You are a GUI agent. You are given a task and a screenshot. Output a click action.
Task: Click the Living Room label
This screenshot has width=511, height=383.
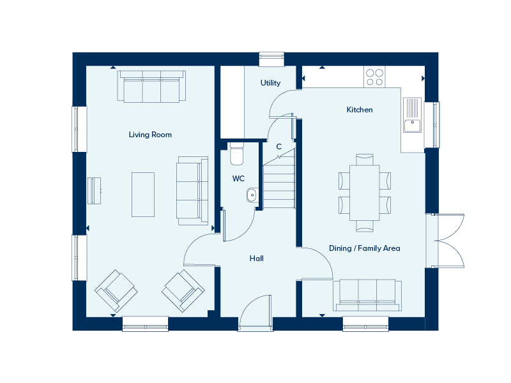coord(150,135)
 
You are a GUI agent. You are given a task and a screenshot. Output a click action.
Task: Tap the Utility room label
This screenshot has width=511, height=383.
coord(270,83)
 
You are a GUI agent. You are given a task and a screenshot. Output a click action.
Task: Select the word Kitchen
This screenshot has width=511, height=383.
coord(360,110)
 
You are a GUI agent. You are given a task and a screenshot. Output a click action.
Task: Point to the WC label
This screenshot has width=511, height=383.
coord(238,179)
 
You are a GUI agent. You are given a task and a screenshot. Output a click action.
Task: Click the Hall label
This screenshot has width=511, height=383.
coord(257,259)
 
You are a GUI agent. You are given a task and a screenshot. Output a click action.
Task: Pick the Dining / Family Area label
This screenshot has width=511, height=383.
coord(364,248)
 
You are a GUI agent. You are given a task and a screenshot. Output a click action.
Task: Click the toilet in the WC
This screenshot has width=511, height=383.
coord(237,154)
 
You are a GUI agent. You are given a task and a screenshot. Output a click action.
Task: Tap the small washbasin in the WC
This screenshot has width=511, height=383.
coord(251,195)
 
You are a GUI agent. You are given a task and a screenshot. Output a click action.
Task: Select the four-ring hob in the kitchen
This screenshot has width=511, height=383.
coord(374,77)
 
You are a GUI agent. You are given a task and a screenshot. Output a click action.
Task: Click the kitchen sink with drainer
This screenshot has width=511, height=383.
coord(412,115)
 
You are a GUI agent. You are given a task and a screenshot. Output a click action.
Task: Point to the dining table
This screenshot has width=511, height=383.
coord(364,193)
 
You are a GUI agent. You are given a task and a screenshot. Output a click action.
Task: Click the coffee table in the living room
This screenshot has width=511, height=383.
coord(142,195)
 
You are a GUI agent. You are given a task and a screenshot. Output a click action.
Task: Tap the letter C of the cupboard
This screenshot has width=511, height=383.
coord(279,147)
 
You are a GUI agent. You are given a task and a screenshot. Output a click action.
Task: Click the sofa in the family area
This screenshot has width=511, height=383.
coord(367,295)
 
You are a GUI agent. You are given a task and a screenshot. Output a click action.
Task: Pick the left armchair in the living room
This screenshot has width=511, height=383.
coord(116,291)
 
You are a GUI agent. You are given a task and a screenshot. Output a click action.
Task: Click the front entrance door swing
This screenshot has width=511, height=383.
coord(255,313)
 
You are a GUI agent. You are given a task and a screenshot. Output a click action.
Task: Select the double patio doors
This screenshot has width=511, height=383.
coord(445,241)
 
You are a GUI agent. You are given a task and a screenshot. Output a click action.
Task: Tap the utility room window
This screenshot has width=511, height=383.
coord(271,59)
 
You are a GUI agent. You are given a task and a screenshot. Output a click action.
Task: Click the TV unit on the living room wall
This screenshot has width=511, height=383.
coord(94,190)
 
